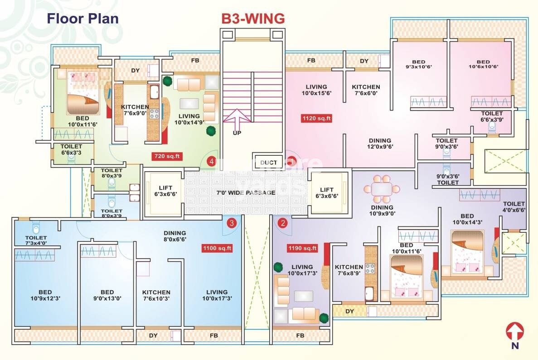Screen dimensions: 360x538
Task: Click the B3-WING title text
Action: (x=253, y=19)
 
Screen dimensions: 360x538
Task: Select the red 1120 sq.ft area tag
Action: (x=317, y=119)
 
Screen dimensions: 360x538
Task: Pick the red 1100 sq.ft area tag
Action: (x=217, y=248)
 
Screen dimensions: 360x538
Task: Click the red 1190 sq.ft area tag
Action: (x=302, y=248)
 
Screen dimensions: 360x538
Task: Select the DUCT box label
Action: (x=268, y=163)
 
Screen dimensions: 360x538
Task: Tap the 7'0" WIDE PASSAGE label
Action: (x=245, y=192)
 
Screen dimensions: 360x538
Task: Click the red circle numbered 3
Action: (x=232, y=223)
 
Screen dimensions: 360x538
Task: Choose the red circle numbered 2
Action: (x=283, y=223)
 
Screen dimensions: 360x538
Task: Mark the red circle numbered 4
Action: (x=211, y=161)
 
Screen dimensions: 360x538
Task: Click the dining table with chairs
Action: (x=383, y=189)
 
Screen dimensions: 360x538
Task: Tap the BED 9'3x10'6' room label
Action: (x=418, y=65)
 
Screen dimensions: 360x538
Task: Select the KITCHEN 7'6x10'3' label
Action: (x=156, y=295)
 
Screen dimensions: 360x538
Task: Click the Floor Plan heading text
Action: (x=83, y=19)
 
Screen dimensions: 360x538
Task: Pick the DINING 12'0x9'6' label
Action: (x=379, y=144)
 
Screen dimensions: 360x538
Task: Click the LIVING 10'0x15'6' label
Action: (x=316, y=90)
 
